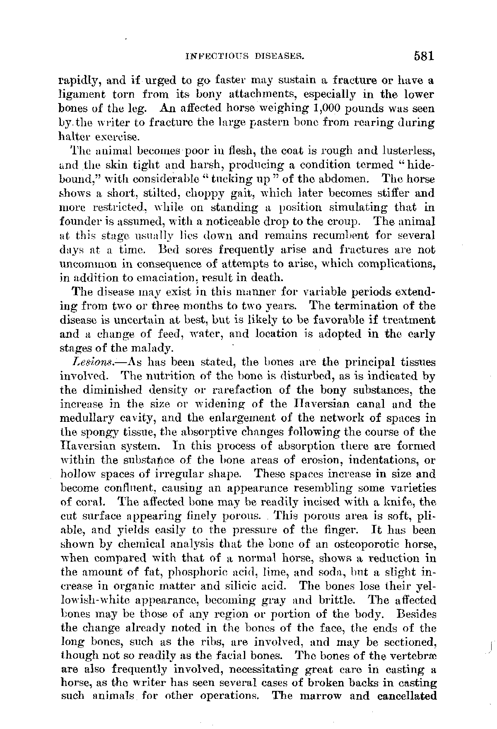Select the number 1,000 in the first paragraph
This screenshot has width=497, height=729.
coord(328,109)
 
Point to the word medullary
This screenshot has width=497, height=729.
coord(83,419)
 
